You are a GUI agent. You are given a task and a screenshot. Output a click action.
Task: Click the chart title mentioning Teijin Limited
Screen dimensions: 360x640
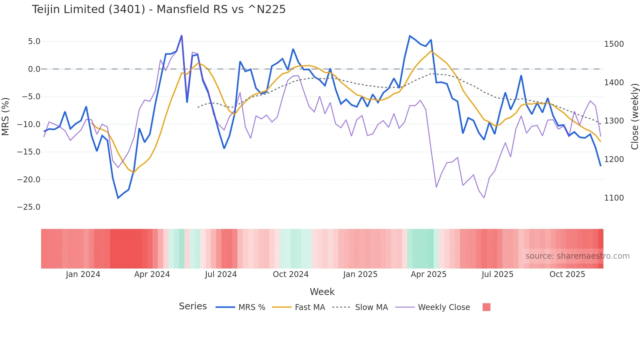point(159,9)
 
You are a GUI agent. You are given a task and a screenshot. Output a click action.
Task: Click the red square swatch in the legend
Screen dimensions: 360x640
point(486,307)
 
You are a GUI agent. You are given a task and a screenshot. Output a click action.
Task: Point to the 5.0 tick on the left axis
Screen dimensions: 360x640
point(34,41)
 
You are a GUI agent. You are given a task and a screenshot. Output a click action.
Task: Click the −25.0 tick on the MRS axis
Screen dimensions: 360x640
point(29,207)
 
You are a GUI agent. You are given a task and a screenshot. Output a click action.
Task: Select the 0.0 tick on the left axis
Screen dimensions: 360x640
point(34,69)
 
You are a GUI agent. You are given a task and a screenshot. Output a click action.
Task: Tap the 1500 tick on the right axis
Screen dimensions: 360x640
point(614,44)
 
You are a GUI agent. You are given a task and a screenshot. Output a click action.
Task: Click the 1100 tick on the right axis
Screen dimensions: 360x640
point(614,198)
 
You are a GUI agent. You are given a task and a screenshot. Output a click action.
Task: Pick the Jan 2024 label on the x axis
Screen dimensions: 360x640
point(83,274)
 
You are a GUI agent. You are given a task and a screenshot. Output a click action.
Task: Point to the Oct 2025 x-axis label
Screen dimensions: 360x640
point(567,274)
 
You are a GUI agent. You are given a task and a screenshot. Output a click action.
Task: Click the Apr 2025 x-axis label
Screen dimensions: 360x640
point(428,274)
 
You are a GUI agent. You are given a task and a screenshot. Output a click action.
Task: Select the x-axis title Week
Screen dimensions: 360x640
point(322,292)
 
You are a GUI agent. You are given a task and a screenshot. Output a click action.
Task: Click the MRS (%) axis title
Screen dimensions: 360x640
point(6,116)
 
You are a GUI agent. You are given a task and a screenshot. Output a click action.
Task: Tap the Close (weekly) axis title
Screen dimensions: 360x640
point(634,116)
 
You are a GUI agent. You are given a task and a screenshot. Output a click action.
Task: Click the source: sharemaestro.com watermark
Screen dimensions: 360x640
point(577,256)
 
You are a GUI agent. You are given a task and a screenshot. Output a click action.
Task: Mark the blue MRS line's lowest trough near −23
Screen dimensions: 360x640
point(118,198)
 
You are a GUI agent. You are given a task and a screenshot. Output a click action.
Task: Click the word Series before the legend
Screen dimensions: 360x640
point(193,306)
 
